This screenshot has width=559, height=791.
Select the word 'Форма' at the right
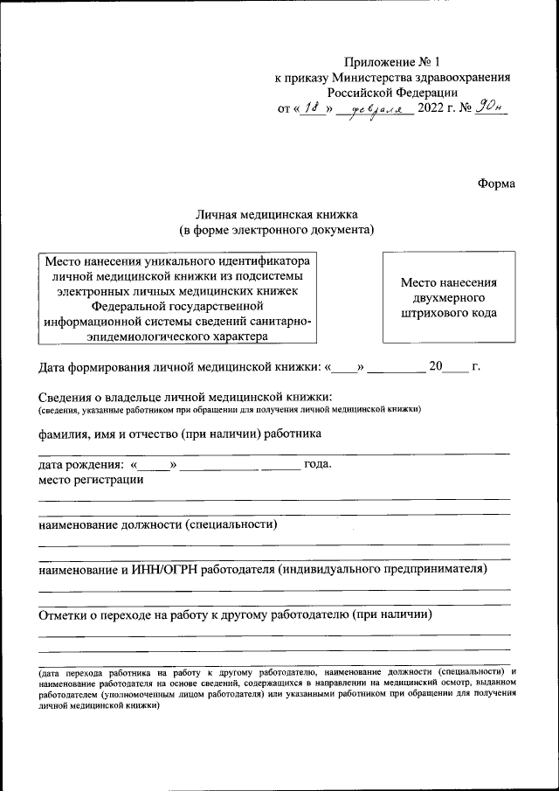496,184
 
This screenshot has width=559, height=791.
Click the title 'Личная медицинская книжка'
276,214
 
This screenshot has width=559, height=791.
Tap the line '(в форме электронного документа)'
276,230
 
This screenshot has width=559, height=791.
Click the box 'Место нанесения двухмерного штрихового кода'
449,297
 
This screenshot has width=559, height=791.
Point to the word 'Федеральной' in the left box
147,306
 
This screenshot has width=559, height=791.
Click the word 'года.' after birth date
317,464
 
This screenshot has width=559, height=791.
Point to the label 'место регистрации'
91,479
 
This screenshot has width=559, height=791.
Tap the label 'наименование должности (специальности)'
157,524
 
